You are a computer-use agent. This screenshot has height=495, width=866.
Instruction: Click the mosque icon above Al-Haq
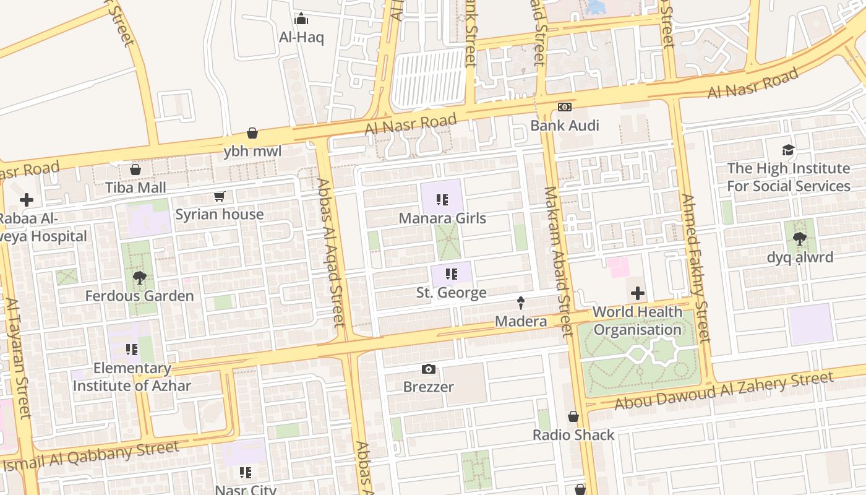[301, 19]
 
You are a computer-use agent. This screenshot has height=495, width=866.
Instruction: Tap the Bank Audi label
[565, 126]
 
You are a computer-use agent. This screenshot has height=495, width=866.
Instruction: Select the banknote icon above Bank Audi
[564, 107]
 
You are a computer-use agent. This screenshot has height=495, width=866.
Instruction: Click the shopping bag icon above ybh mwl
[252, 133]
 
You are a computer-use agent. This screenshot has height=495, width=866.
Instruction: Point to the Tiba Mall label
[135, 187]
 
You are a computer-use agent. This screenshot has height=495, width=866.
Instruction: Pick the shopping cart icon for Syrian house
[219, 197]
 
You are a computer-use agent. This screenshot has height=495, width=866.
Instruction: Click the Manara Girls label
[442, 218]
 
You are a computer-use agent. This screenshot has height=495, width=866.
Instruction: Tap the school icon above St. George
[452, 274]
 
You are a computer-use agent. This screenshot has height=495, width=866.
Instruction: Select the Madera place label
[521, 322]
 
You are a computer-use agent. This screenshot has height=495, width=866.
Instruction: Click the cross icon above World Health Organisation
[638, 293]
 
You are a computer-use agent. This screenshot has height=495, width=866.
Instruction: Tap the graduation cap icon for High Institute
[788, 150]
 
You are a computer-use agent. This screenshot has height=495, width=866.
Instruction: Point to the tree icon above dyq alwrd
[800, 239]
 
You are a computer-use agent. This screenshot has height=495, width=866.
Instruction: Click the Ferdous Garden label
[139, 296]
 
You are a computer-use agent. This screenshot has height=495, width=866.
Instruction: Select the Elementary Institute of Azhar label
[132, 377]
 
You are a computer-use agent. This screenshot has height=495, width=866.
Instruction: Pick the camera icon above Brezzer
[428, 369]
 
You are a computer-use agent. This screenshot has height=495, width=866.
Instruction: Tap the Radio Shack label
[573, 435]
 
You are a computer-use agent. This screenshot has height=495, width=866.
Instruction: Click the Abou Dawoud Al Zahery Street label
[724, 391]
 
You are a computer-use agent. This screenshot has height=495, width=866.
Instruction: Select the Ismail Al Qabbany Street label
[90, 457]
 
